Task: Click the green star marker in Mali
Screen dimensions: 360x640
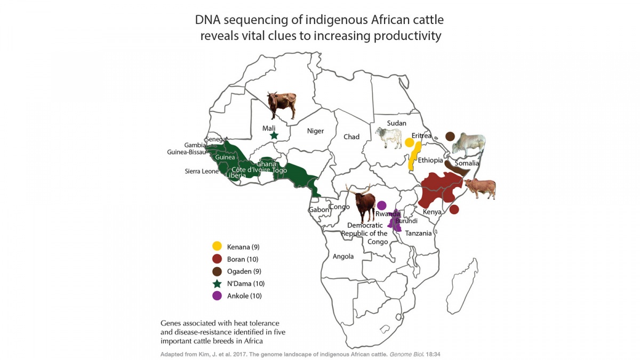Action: click(274, 135)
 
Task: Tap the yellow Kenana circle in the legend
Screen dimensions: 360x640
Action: click(217, 246)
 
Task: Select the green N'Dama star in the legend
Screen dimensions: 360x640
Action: click(217, 284)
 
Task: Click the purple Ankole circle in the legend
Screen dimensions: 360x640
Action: click(217, 296)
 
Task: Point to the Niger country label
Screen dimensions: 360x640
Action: click(315, 131)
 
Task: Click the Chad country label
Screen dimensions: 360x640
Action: click(351, 137)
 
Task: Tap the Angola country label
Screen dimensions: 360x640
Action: click(343, 257)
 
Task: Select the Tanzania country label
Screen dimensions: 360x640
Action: click(418, 233)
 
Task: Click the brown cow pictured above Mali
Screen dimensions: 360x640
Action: click(282, 104)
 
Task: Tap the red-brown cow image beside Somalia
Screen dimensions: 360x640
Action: click(480, 188)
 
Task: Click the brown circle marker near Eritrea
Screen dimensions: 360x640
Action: click(450, 136)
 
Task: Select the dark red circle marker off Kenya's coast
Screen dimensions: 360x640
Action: click(454, 210)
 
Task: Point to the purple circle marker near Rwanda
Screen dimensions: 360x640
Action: click(381, 205)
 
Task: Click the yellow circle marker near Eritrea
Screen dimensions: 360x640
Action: click(409, 142)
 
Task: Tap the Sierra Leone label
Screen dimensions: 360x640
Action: click(202, 171)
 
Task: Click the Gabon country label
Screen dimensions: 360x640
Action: click(319, 210)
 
